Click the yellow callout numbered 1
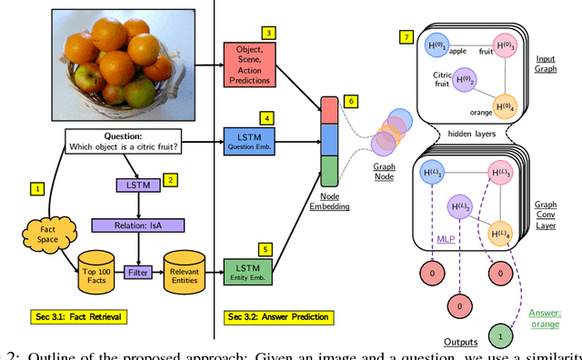point(36,189)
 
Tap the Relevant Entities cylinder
point(186,270)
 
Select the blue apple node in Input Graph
point(433,45)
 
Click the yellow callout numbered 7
point(406,36)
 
